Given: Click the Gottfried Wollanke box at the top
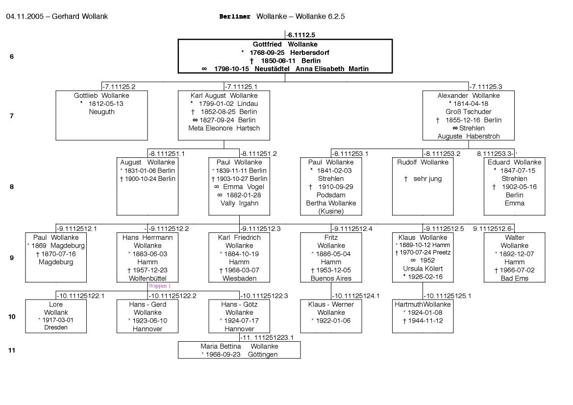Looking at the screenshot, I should (285, 56).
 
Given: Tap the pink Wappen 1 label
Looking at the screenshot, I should (159, 286).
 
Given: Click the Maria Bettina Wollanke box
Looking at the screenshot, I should (239, 350).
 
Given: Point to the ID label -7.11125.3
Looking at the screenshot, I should (485, 87).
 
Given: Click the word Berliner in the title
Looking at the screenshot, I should (235, 16).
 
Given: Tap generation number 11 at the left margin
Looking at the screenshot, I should (12, 350).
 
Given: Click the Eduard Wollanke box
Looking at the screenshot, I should (514, 186).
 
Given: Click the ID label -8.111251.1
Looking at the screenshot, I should (167, 153).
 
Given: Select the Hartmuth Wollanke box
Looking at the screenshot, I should (423, 316).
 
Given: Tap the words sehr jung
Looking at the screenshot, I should (427, 179).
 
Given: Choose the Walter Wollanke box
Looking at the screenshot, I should (514, 257).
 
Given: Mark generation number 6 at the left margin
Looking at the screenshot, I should (12, 56).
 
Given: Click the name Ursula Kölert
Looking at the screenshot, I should (423, 269).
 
